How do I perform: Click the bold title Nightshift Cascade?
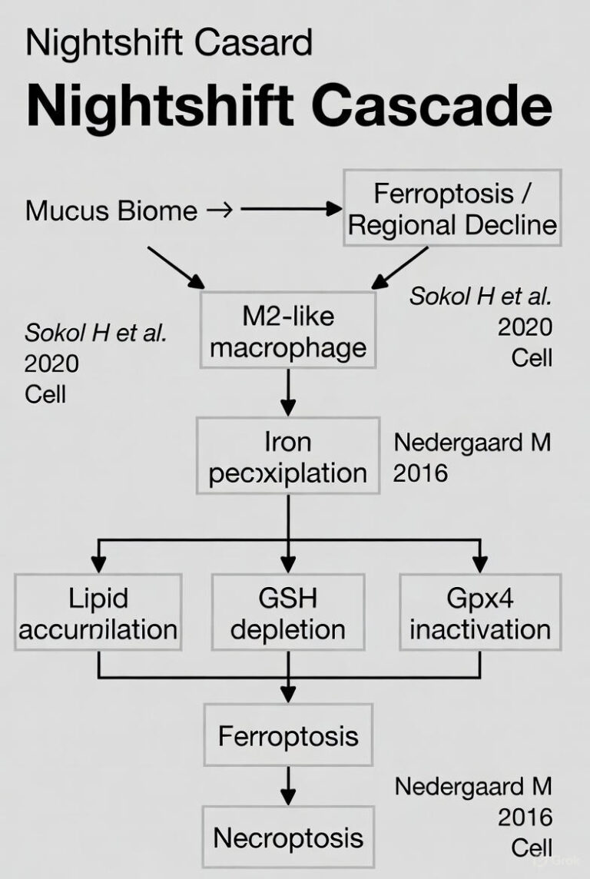click(x=289, y=107)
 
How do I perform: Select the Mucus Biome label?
click(x=111, y=210)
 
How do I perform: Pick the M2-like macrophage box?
click(x=287, y=332)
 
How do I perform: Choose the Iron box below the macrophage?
click(x=287, y=456)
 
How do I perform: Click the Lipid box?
click(x=98, y=612)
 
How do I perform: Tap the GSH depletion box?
click(x=288, y=612)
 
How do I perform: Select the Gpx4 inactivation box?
click(x=479, y=612)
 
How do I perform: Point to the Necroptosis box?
click(x=288, y=837)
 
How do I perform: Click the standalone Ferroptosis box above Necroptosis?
click(x=288, y=736)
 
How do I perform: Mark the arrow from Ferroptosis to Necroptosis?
click(x=288, y=786)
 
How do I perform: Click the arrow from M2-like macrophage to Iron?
click(x=287, y=393)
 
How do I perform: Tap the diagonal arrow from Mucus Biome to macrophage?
click(x=174, y=266)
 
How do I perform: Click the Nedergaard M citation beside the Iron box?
click(x=472, y=443)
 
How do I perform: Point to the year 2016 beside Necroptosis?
click(x=525, y=817)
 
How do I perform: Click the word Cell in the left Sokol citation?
click(x=45, y=393)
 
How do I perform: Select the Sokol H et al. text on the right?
click(x=480, y=297)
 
